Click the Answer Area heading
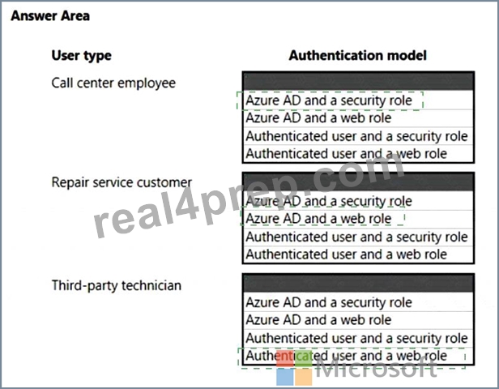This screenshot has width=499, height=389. click(x=50, y=16)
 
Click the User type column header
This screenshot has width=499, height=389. click(x=82, y=56)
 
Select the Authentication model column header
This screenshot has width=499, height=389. click(x=358, y=55)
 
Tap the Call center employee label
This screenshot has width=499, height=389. click(x=113, y=83)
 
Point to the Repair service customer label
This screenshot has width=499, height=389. click(x=122, y=182)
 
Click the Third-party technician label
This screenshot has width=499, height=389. click(x=117, y=285)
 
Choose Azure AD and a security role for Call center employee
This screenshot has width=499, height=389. click(x=329, y=100)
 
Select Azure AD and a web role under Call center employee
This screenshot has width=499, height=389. click(x=318, y=118)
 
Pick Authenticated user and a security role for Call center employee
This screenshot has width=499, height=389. click(x=356, y=136)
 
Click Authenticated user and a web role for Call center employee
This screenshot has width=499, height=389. click(x=347, y=154)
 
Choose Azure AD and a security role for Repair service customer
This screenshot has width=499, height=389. click(x=329, y=201)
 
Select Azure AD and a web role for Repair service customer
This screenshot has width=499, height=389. click(x=318, y=219)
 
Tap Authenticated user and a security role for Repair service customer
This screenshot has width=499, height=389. click(x=356, y=237)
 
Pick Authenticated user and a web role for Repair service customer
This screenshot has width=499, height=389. click(x=347, y=254)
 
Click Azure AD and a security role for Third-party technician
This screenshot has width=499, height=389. click(x=329, y=302)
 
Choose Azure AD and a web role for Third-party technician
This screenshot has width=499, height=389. click(x=318, y=320)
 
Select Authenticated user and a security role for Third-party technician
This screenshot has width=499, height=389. click(x=356, y=338)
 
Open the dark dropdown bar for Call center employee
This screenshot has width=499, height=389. click(x=358, y=81)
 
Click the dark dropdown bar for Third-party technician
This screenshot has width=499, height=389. click(x=358, y=283)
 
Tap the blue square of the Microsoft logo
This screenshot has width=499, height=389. click(x=285, y=377)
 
